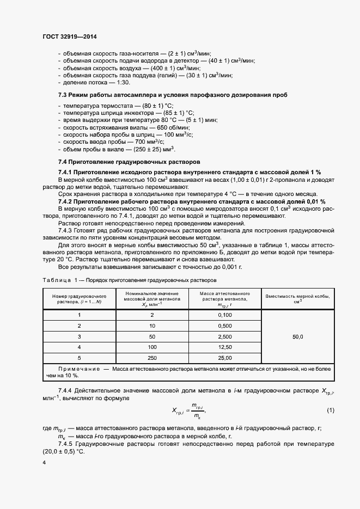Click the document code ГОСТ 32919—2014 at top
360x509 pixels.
(x=69, y=37)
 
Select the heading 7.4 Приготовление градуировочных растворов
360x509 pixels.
(x=129, y=162)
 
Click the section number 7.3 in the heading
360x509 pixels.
(x=63, y=95)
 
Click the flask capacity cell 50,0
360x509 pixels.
(x=297, y=336)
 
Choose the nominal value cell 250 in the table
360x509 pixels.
(x=152, y=357)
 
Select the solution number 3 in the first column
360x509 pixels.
(x=79, y=336)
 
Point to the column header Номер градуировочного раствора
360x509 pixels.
(x=80, y=298)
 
